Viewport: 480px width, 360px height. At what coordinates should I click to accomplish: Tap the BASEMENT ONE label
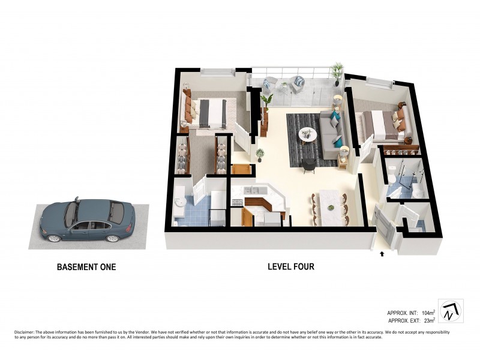pos(86,267)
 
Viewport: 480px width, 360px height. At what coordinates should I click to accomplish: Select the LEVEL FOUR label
pos(290,267)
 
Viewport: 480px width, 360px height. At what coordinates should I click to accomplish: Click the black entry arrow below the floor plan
pos(382,254)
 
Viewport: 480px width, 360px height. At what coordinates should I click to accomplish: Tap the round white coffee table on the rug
pos(308,134)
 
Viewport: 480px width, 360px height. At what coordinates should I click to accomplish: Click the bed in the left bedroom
pos(207,112)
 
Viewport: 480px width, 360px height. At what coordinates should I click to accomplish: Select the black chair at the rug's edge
pos(308,164)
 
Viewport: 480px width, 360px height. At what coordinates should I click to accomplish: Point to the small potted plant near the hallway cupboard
pos(260,155)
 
